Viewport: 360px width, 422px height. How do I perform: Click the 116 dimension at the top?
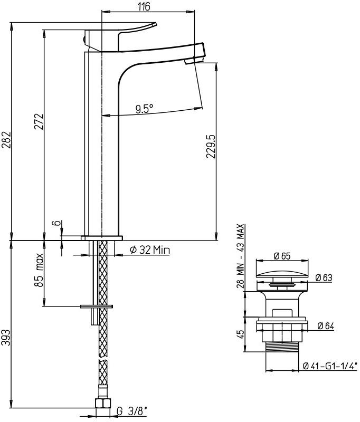[143, 6]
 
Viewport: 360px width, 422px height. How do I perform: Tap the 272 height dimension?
[39, 123]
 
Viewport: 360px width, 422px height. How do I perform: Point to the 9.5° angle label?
[144, 109]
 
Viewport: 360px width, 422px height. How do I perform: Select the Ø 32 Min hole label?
[150, 251]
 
